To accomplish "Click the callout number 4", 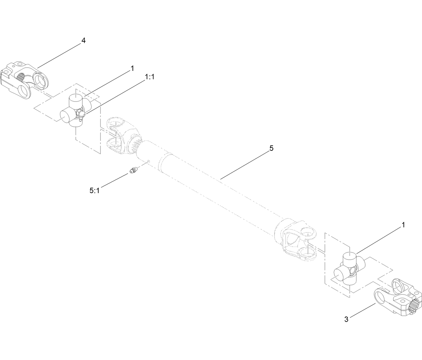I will tap(83, 41).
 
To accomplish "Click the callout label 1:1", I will tap(149, 77).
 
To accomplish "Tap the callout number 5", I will tap(271, 148).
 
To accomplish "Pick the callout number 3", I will tap(346, 319).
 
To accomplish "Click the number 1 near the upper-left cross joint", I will tap(132, 69).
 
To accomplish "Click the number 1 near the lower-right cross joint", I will tap(403, 225).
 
